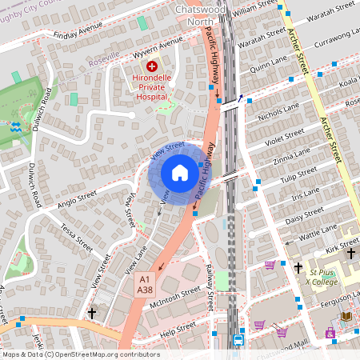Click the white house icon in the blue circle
(x=180, y=173)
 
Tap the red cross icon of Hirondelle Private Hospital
(x=152, y=67)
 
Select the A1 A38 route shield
(x=145, y=284)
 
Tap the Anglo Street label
(x=78, y=198)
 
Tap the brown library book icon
(x=346, y=316)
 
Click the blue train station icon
(x=238, y=339)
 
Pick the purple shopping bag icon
(x=330, y=333)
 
